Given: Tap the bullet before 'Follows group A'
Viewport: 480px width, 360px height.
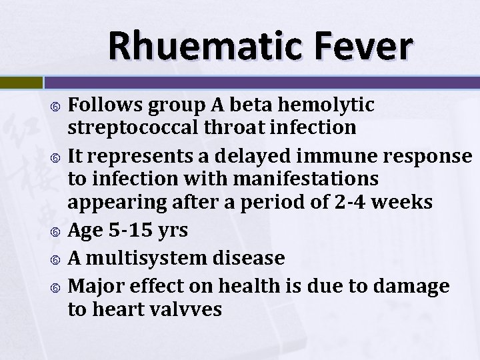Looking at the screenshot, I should point(57,105).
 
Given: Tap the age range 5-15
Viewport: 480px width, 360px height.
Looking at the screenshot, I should point(130,231).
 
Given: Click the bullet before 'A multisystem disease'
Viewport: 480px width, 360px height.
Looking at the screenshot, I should point(57,258).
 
